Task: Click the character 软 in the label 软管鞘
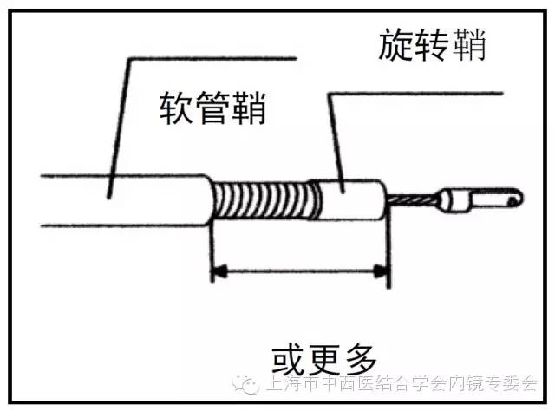coord(177,107)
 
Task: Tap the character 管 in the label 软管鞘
coord(212,107)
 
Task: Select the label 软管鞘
coord(212,107)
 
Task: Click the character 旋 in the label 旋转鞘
coord(395,45)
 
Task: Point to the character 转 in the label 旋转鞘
coord(432,45)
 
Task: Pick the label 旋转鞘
coord(432,45)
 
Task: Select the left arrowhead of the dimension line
coord(219,272)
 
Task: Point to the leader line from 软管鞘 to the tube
coord(119,121)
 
